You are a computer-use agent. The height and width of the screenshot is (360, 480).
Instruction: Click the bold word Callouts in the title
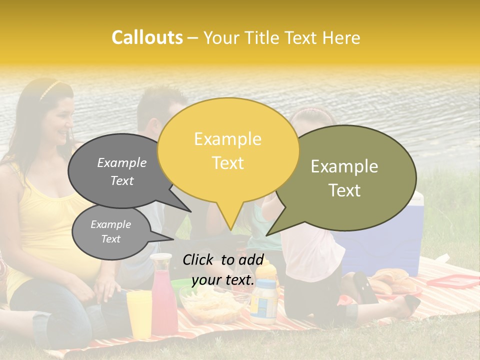147,37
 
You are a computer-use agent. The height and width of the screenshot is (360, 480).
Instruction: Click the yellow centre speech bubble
228,150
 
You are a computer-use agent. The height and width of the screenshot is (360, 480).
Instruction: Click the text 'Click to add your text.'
223,270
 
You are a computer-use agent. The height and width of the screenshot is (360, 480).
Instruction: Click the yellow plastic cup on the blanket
139,313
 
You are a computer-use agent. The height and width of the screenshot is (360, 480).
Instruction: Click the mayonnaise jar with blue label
263,300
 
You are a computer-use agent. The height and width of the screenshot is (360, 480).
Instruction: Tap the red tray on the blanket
452,281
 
